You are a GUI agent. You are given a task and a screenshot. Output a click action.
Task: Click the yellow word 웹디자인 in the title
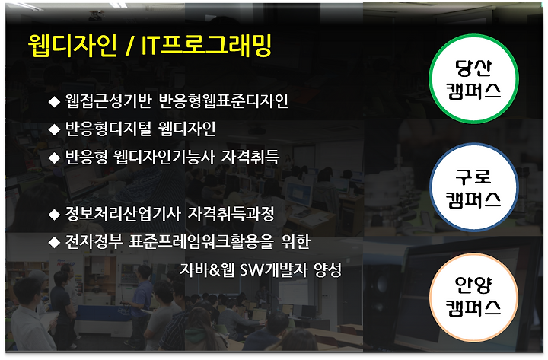(73, 46)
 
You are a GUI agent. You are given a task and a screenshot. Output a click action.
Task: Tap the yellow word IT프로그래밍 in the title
(206, 46)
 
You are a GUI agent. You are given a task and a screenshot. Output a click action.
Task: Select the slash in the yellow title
(129, 46)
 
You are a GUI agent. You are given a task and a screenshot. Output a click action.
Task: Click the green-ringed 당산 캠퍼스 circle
(473, 78)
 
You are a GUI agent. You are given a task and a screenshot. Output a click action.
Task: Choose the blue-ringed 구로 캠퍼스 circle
(473, 187)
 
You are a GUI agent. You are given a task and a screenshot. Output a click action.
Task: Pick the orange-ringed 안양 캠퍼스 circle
(473, 298)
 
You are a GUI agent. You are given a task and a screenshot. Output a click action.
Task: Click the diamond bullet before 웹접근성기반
(54, 102)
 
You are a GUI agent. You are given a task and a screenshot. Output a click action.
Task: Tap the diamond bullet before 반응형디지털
(54, 129)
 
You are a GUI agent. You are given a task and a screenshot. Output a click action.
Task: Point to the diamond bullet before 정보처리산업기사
(54, 215)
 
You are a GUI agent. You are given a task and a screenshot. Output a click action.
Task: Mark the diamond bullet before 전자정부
(54, 242)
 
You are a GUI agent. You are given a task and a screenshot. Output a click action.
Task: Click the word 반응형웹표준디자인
(224, 101)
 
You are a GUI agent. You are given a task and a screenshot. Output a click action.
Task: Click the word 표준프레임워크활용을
(201, 241)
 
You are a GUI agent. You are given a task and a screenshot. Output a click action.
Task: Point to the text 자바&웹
(207, 269)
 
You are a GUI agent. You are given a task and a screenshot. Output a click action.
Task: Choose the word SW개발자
(274, 269)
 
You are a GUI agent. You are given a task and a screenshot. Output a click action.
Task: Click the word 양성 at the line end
(327, 269)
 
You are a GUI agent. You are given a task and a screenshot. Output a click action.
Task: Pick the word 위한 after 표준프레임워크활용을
(295, 241)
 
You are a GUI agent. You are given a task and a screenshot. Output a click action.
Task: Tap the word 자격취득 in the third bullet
(250, 157)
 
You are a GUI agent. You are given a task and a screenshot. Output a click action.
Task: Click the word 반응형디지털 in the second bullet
(109, 129)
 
